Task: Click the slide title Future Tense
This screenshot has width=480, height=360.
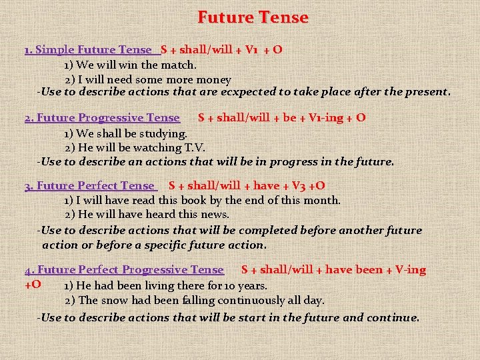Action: pyautogui.click(x=253, y=17)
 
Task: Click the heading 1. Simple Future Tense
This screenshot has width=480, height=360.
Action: pyautogui.click(x=88, y=49)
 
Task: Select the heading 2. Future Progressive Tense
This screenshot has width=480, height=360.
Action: pyautogui.click(x=102, y=118)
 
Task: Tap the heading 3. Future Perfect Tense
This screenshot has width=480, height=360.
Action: pyautogui.click(x=89, y=186)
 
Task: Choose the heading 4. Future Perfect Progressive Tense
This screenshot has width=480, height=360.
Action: pyautogui.click(x=124, y=270)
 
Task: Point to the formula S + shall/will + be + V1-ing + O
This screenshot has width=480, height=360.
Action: pyautogui.click(x=281, y=118)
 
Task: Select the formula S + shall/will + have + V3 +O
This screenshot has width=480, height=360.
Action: pyautogui.click(x=247, y=186)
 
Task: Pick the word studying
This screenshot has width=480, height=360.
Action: pyautogui.click(x=164, y=133)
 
